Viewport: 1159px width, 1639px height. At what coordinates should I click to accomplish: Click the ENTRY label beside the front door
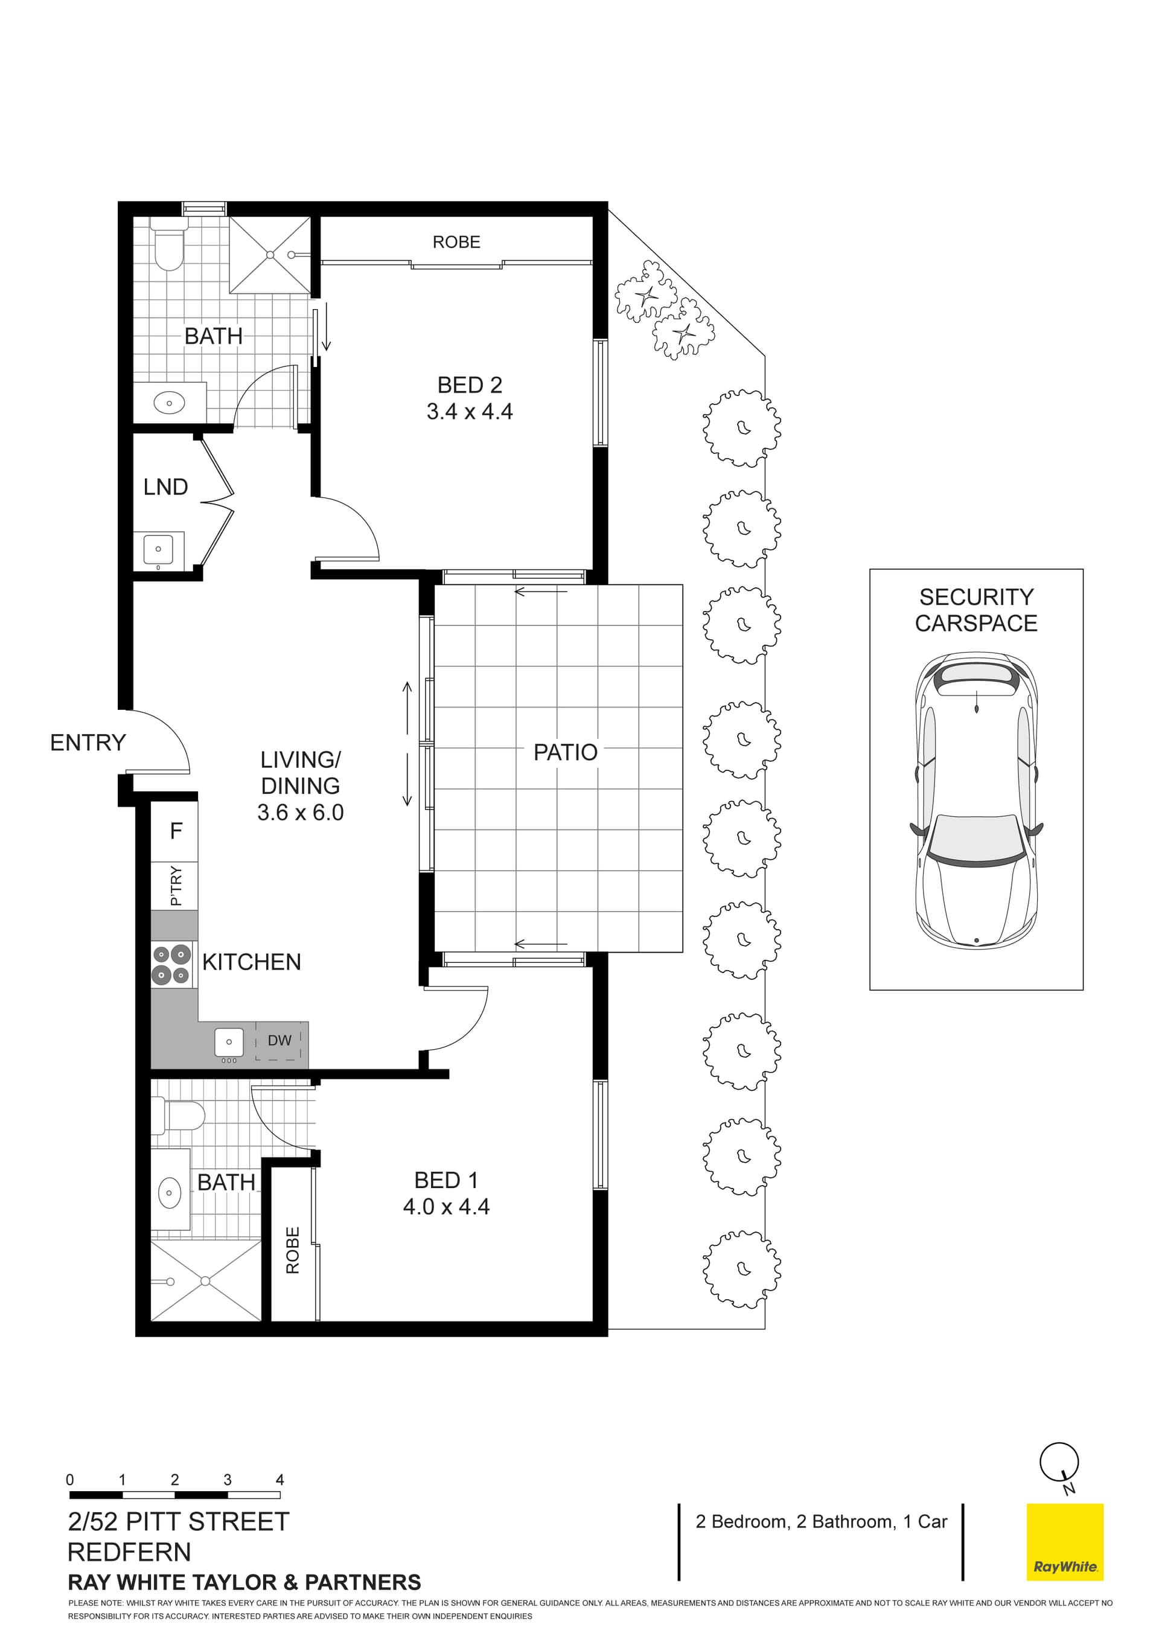click(88, 743)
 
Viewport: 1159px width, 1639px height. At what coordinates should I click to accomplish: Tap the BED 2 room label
click(470, 386)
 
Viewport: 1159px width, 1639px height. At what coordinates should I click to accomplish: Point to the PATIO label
click(565, 752)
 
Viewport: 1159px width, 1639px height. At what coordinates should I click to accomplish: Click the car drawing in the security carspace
click(975, 799)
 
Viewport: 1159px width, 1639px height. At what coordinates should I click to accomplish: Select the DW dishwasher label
click(279, 1040)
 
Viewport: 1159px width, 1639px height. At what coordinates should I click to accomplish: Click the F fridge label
click(176, 830)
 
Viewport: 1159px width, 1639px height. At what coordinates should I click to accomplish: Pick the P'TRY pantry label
click(176, 886)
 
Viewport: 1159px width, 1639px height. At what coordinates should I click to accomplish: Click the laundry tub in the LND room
click(158, 549)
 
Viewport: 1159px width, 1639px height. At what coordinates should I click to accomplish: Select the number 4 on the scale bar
click(279, 1480)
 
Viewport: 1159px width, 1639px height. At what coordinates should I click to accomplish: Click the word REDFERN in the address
click(129, 1552)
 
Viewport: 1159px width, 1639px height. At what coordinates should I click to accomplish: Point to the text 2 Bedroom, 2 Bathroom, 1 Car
click(822, 1521)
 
